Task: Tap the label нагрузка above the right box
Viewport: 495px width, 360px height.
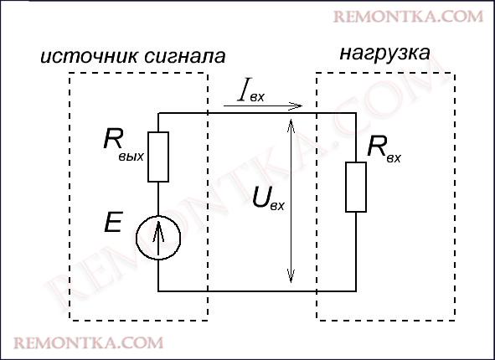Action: (385, 54)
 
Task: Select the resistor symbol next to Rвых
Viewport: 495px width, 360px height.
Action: (159, 156)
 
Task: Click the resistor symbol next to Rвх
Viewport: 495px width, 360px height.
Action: (356, 187)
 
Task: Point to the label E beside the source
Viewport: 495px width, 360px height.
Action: (115, 223)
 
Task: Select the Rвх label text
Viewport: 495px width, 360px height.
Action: (384, 151)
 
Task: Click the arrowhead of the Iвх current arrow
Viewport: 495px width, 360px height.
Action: (296, 106)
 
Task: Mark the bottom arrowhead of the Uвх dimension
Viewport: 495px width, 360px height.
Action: (291, 279)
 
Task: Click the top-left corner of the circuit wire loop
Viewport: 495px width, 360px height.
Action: (159, 112)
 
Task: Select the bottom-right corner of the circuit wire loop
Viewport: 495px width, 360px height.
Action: (356, 291)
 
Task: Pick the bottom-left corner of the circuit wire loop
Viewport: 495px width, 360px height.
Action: (159, 291)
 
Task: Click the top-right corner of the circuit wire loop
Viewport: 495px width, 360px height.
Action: (356, 112)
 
